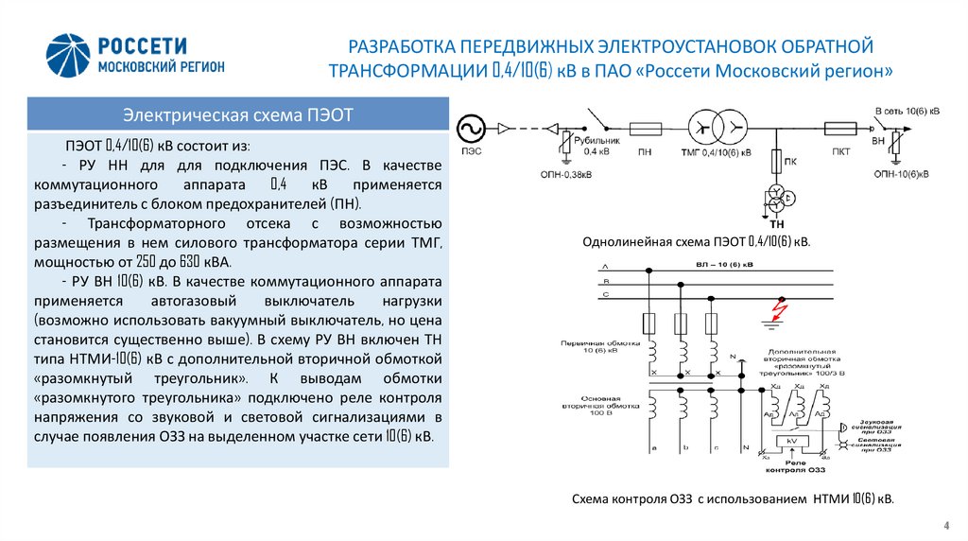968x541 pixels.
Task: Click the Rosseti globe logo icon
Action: [x=69, y=56]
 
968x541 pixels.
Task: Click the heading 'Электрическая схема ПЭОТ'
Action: [x=237, y=115]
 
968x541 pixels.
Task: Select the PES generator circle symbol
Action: [x=470, y=128]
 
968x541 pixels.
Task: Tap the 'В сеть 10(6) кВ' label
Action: [x=907, y=111]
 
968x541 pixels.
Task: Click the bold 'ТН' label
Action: [x=778, y=223]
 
